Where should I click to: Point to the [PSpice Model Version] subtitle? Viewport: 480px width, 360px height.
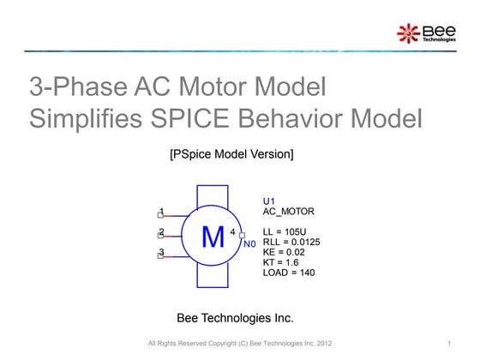pos(232,154)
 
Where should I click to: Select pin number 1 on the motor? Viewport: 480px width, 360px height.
pos(163,212)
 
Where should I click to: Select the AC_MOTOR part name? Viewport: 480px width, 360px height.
pos(289,211)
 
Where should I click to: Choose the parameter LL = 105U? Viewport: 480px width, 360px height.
pos(289,232)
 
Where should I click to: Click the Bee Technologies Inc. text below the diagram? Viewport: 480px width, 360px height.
pos(234,318)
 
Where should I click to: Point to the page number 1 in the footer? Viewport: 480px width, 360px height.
pos(449,345)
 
